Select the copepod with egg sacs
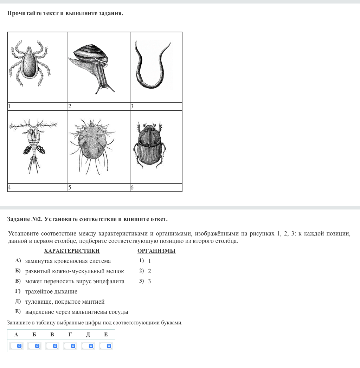click(34, 144)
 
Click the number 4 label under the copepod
click(9, 187)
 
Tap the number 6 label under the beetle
click(132, 187)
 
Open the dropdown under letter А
click(16, 346)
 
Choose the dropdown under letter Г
click(70, 346)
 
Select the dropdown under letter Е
click(106, 346)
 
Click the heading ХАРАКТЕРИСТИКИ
click(72, 251)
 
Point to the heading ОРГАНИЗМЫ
click(156, 251)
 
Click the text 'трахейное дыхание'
click(51, 291)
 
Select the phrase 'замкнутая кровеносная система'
click(68, 261)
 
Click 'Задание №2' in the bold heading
click(25, 219)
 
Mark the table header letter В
click(52, 335)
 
